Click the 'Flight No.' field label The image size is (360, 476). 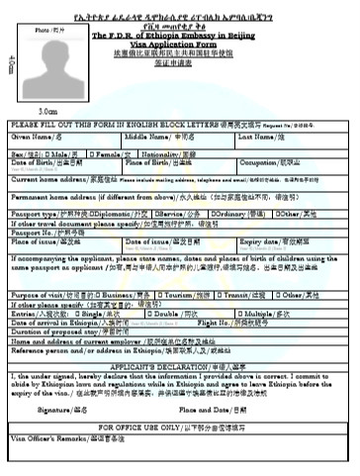pos(220,321)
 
